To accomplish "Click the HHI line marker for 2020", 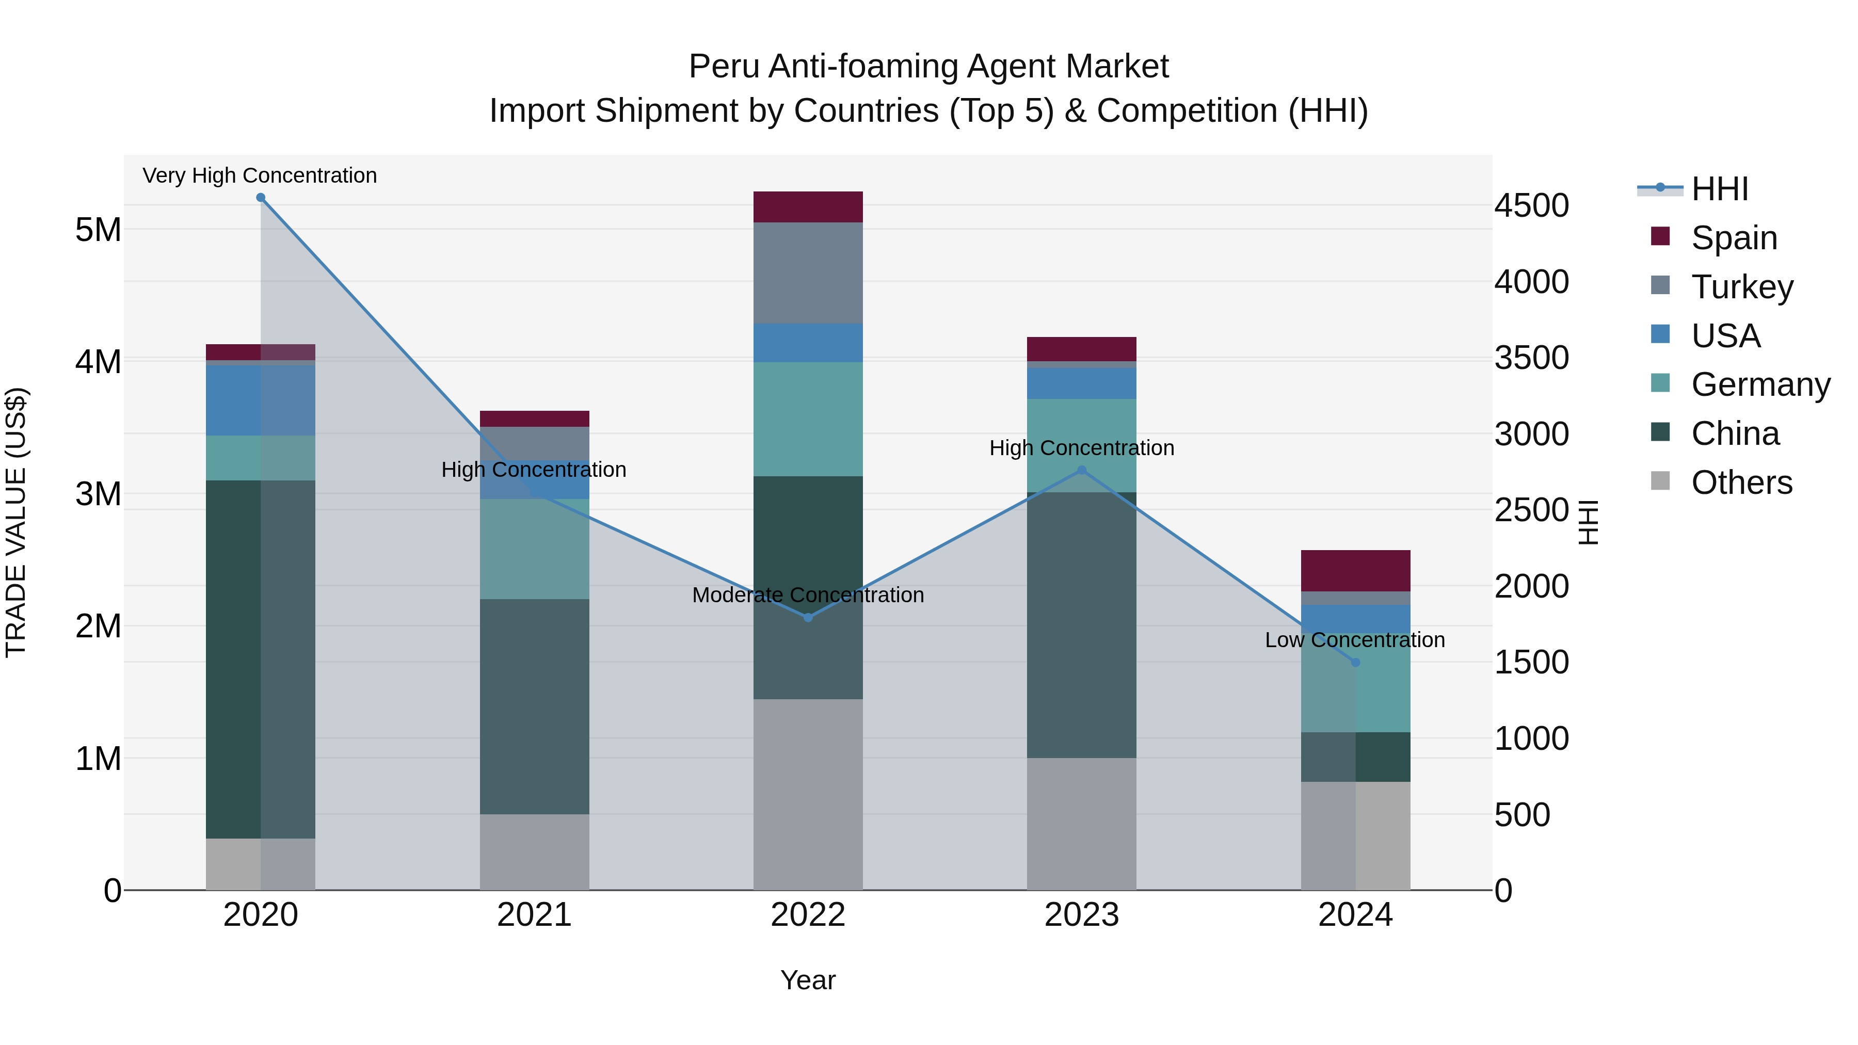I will tap(261, 198).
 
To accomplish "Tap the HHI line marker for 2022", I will tap(808, 617).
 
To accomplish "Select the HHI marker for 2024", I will tap(1355, 662).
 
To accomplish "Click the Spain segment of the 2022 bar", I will tap(808, 207).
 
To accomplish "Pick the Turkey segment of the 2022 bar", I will tap(808, 272).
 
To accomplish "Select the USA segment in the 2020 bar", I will tap(261, 400).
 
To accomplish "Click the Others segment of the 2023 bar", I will tap(1081, 824).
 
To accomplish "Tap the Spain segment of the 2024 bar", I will tap(1355, 570).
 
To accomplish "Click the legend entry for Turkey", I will tap(1741, 286).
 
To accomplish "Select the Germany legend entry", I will tap(1760, 384).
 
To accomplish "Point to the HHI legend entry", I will tap(1719, 189).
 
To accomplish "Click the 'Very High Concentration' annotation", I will tap(260, 175).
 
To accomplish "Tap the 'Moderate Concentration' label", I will tap(808, 595).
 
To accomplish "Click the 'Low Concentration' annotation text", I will tap(1355, 640).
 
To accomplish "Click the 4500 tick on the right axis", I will tap(1531, 205).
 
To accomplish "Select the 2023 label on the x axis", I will tap(1081, 914).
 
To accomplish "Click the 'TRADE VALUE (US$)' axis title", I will tap(16, 522).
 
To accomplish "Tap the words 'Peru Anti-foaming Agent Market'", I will tap(928, 67).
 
